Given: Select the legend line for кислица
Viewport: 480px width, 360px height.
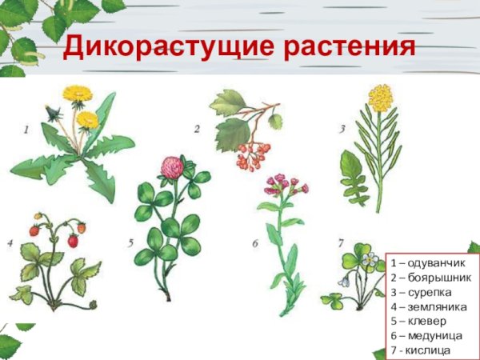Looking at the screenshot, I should [421, 350].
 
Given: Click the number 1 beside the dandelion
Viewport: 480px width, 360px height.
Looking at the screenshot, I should [26, 127].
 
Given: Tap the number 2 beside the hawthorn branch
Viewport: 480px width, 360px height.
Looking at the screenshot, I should [197, 127].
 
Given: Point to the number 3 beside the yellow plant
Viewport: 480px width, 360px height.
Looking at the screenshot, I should [342, 127].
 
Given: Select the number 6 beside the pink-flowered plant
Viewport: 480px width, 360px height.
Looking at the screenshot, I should [254, 243].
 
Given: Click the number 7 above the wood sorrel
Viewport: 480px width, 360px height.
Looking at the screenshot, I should [341, 242].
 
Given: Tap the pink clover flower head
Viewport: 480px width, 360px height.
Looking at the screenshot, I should [170, 167].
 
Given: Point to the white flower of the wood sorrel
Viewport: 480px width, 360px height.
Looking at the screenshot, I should [369, 259].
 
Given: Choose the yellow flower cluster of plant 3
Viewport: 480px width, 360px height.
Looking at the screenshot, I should [379, 99].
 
